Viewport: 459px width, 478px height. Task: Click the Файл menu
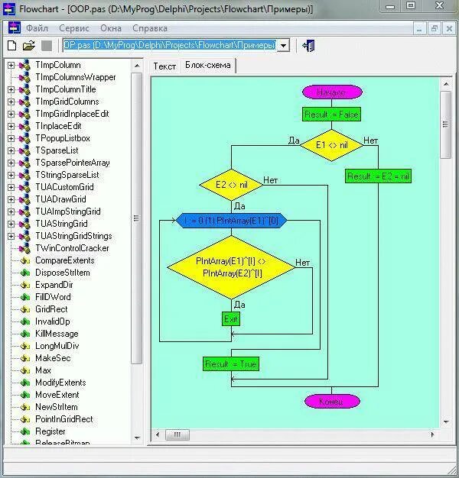[x=37, y=28]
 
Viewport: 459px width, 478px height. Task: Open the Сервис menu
[x=74, y=28]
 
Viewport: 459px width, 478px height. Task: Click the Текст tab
[x=164, y=66]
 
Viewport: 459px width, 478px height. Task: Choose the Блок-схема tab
[x=207, y=66]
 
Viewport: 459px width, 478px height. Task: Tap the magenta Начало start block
[x=330, y=92]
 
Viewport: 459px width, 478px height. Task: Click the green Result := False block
[x=330, y=115]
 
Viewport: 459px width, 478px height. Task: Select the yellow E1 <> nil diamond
[x=330, y=144]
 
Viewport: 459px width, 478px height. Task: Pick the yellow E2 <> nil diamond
[x=232, y=185]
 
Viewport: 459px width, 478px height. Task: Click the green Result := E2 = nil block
[x=379, y=176]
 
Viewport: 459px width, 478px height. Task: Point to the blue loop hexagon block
[x=231, y=221]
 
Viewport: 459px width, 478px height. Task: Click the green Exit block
[x=231, y=318]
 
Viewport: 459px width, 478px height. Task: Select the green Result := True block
[x=231, y=364]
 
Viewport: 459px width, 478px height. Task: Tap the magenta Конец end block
[x=331, y=401]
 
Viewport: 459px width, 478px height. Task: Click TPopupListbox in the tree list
[x=62, y=138]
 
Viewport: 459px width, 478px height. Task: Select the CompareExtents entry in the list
[x=65, y=260]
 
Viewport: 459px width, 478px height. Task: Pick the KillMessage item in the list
[x=57, y=334]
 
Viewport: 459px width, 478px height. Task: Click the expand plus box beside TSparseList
[x=11, y=150]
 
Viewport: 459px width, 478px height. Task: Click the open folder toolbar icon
[x=29, y=46]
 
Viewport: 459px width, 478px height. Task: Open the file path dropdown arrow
[x=283, y=46]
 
